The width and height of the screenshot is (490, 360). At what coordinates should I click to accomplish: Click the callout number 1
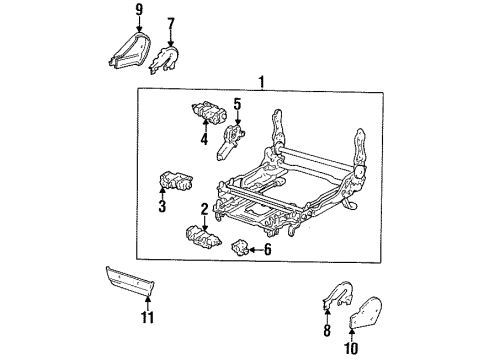pos(261,81)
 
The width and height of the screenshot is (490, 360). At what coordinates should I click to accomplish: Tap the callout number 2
pos(204,210)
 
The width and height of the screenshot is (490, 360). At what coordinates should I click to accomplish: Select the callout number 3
pos(160,208)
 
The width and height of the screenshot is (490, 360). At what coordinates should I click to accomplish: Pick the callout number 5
pos(237,103)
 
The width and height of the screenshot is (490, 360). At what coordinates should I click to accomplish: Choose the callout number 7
pos(171,22)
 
